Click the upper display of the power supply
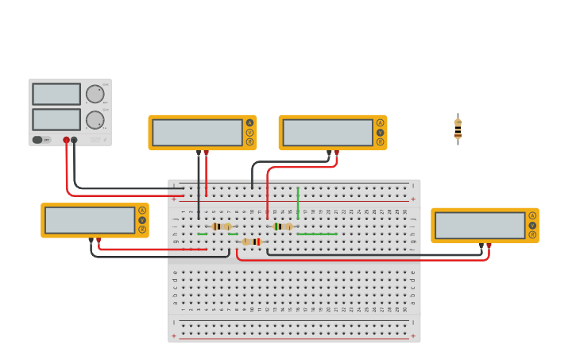point(56,94)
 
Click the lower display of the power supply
point(56,119)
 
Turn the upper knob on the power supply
point(95,94)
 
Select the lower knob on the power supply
point(95,120)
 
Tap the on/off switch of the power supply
point(37,140)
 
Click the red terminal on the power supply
point(67,140)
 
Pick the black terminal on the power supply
point(74,140)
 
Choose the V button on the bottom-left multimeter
point(142,220)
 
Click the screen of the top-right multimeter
point(327,132)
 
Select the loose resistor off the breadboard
point(458,129)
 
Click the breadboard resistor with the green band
point(283,226)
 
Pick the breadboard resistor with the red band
point(251,242)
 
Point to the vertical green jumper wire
point(298,203)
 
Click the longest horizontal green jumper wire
point(317,234)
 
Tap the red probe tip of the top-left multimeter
point(206,152)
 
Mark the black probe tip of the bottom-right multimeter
point(481,246)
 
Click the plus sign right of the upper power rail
point(412,199)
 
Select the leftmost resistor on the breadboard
point(222,226)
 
